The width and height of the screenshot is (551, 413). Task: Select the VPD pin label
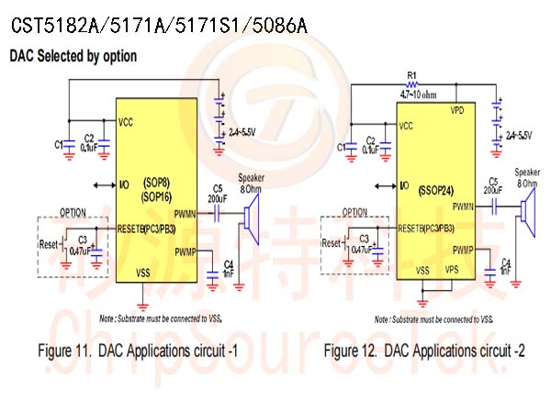coord(456,110)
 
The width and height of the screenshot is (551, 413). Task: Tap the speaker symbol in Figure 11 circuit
coord(249,216)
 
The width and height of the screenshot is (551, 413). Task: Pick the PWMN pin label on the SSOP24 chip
coord(463,208)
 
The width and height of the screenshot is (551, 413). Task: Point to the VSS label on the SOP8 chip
coord(142,273)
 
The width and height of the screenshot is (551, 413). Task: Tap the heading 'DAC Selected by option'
coord(73,56)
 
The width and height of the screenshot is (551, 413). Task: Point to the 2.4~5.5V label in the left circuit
coord(242,133)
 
